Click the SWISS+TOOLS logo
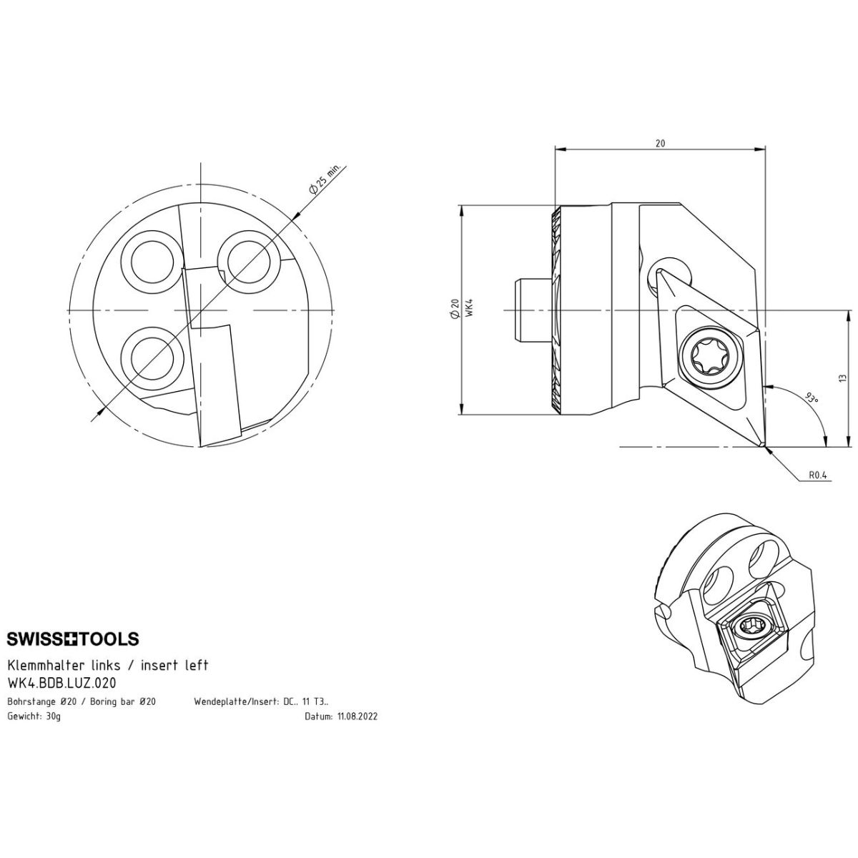[x=73, y=639]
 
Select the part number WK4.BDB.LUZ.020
[x=61, y=683]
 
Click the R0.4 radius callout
[x=817, y=475]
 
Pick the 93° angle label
[x=812, y=397]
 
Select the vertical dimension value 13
[x=841, y=378]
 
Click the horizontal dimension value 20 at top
[x=661, y=143]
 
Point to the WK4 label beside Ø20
[x=468, y=307]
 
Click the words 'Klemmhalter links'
[x=64, y=665]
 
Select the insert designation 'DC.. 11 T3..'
[x=306, y=701]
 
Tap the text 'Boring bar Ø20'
[x=123, y=701]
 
